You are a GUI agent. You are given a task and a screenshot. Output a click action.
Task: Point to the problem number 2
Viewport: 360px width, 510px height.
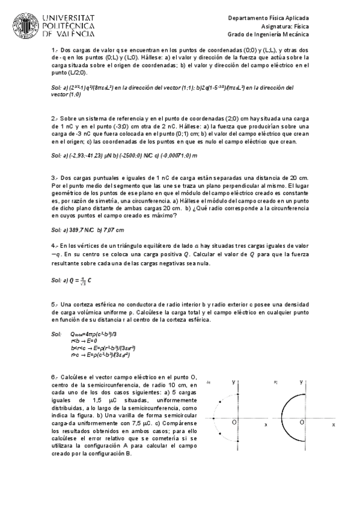(53, 118)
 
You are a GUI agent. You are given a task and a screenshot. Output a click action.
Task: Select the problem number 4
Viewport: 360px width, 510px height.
(53, 246)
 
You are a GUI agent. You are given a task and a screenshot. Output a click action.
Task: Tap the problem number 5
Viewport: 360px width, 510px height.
(53, 304)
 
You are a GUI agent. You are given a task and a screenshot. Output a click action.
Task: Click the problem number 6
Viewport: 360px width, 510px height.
(53, 376)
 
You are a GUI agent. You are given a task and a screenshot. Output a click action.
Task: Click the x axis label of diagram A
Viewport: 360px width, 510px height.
(266, 425)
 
